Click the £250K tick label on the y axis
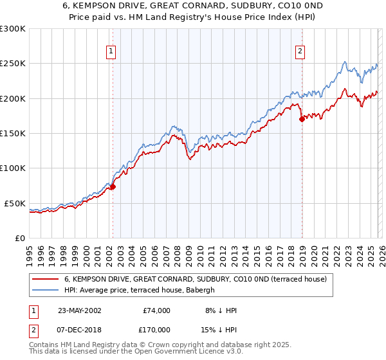[13, 64]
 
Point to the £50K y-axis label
[15, 203]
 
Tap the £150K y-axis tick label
[13, 133]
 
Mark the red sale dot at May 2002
[113, 186]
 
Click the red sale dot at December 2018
[301, 119]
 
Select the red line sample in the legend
[45, 279]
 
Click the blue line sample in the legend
[45, 290]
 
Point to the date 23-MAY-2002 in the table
[79, 310]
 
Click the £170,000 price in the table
[157, 329]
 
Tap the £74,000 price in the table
[157, 310]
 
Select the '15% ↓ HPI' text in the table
[219, 329]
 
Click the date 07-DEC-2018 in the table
[79, 329]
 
